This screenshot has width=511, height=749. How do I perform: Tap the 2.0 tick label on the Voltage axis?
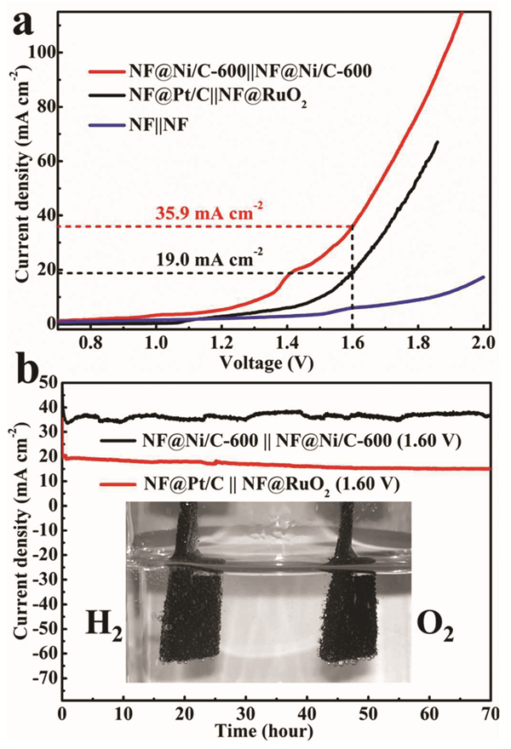(x=484, y=344)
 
